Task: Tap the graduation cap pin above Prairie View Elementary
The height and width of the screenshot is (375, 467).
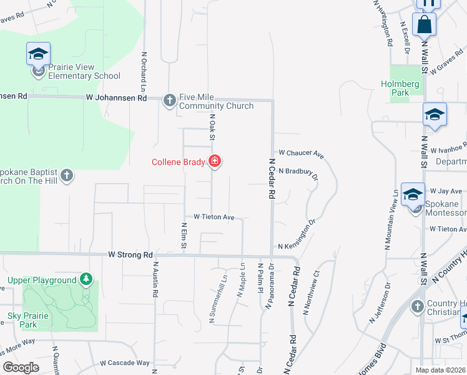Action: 38,54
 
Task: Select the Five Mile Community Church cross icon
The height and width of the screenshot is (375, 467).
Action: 169,100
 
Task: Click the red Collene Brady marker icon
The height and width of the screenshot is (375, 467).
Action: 215,162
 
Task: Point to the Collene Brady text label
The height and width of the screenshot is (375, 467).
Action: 178,162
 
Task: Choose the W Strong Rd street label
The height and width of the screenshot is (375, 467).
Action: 130,255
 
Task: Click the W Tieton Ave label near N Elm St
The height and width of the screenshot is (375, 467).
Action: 214,217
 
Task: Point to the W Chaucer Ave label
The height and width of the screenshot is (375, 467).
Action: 301,152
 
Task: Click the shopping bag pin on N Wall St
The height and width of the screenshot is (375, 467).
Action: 424,26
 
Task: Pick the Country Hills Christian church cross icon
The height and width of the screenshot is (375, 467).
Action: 418,306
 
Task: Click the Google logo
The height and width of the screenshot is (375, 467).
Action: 20,367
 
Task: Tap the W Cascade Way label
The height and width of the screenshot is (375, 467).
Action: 125,362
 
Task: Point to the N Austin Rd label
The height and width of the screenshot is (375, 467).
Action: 154,279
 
